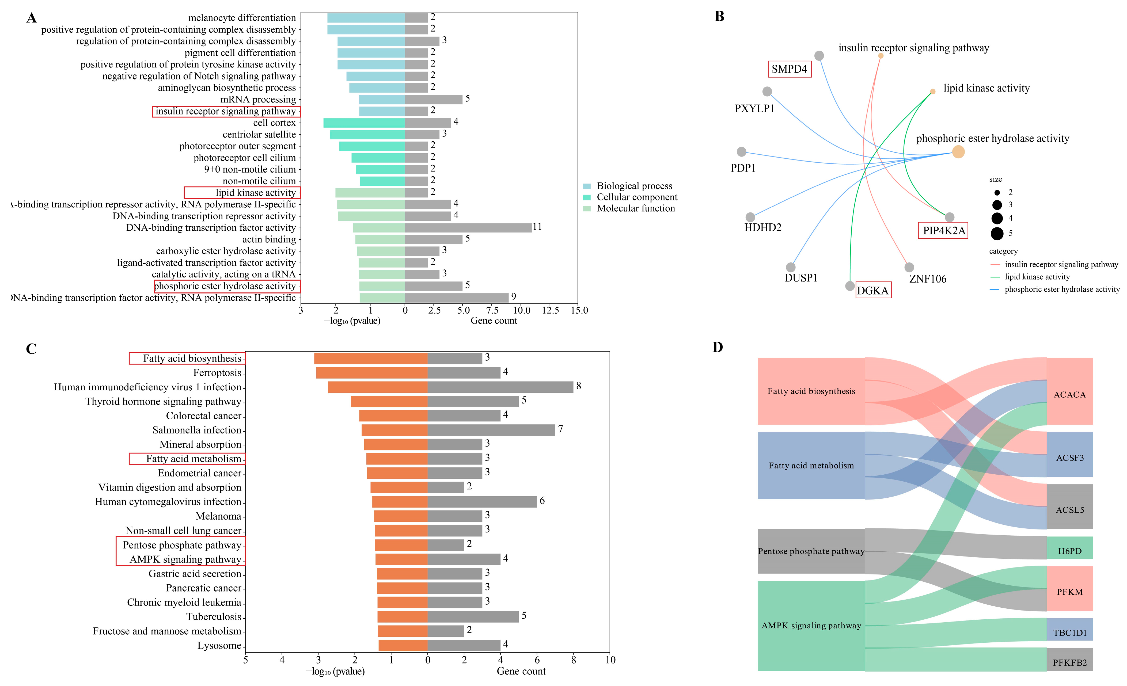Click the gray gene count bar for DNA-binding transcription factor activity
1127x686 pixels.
coord(468,228)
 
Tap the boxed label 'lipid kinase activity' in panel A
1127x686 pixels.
coord(242,193)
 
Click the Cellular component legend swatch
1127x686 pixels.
coord(587,197)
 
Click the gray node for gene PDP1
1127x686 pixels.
coord(741,152)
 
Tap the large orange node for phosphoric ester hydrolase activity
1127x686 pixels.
coord(958,152)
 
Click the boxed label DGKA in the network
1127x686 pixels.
coord(873,290)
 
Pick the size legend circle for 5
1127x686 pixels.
coord(997,234)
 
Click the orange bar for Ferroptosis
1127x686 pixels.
coord(371,373)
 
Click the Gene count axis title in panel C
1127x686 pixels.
coord(521,671)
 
